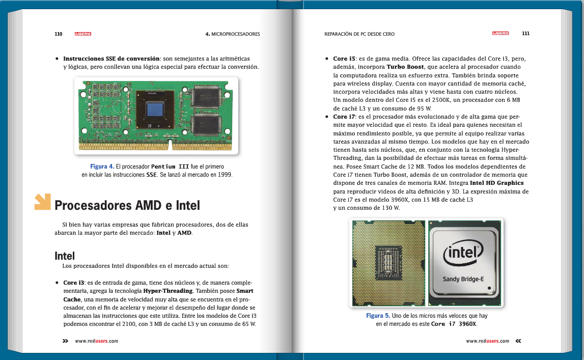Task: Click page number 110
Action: point(58,34)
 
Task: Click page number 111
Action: point(525,34)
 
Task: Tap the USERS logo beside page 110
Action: point(82,34)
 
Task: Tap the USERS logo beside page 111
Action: point(500,34)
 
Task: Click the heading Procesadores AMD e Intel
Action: point(127,206)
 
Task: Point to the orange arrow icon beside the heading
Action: point(42,202)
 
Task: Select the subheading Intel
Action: point(65,256)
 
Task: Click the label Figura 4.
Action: point(102,167)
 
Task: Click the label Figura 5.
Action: point(378,316)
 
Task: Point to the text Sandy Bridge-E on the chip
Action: point(462,279)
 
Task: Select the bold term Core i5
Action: point(344,59)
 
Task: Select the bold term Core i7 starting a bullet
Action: point(344,117)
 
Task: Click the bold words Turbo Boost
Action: point(405,67)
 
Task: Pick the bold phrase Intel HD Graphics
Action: point(496,183)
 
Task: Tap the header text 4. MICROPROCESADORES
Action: point(233,34)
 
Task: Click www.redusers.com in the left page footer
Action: point(96,341)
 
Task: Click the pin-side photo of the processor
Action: point(388,263)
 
